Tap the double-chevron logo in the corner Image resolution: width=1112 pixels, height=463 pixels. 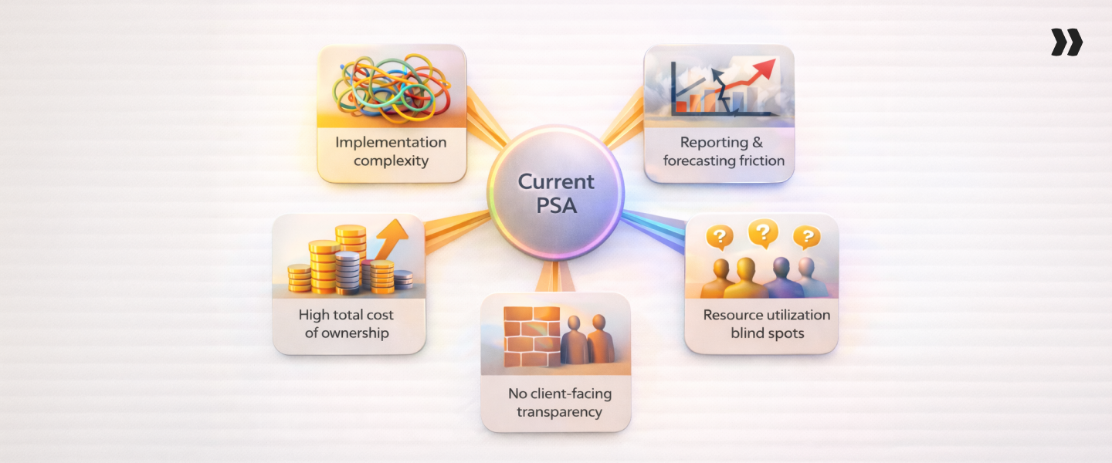(1066, 42)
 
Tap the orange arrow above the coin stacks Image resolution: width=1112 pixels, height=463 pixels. (393, 235)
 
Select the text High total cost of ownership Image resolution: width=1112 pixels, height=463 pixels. (347, 324)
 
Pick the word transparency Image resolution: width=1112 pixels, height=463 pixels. (559, 412)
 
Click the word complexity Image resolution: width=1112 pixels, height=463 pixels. (391, 161)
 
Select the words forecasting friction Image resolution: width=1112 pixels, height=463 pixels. (724, 161)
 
